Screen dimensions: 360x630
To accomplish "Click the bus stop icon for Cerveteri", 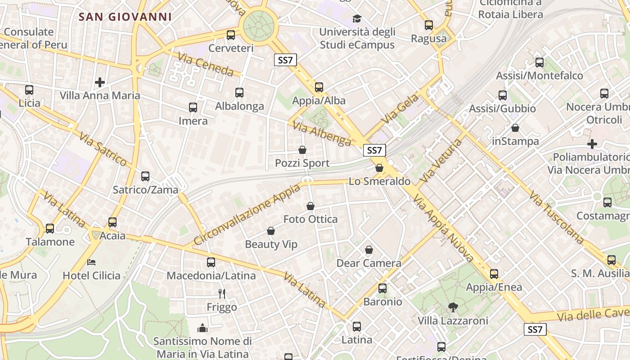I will tap(231, 35).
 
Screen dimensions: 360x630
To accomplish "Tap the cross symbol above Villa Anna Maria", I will tap(100, 82).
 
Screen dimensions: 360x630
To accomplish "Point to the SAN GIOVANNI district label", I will tap(125, 17).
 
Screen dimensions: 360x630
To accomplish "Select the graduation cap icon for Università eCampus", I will tap(357, 18).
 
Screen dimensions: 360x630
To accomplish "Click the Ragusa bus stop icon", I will tap(429, 25).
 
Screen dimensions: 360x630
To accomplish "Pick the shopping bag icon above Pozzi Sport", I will tap(302, 150).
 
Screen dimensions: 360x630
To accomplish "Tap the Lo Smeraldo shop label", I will tap(380, 181).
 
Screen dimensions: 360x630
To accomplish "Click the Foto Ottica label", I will tap(310, 219).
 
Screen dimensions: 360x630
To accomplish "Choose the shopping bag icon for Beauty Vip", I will tap(271, 231).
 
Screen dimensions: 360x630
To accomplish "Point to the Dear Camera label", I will tap(369, 263).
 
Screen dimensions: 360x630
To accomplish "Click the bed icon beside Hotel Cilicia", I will tap(91, 262).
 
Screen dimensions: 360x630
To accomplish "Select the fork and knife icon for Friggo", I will tap(221, 294).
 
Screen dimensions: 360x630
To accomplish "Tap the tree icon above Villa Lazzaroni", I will tap(453, 307).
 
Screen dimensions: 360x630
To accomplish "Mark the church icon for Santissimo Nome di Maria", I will tap(202, 328).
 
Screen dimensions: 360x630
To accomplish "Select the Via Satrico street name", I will tap(103, 149).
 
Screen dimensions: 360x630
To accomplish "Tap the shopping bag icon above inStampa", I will tap(515, 128).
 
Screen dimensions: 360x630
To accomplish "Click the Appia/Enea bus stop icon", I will tap(494, 274).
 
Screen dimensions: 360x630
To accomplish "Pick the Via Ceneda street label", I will tap(206, 65).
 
